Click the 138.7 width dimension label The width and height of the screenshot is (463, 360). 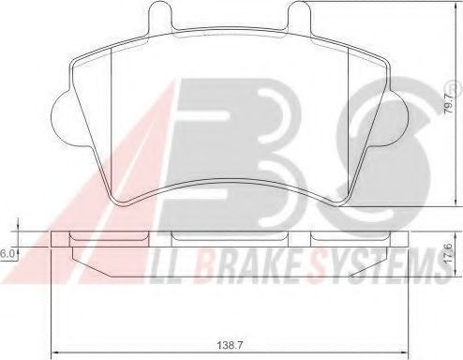coord(230,345)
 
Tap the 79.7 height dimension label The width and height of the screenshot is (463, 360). coord(450,103)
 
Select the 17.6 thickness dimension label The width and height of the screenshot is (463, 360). coord(450,255)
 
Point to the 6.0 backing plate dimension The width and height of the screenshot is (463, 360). coord(7,254)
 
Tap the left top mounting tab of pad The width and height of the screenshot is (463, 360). coord(160,15)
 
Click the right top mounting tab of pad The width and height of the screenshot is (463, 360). coord(299,15)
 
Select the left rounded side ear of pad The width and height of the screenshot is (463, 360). coord(64,118)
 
